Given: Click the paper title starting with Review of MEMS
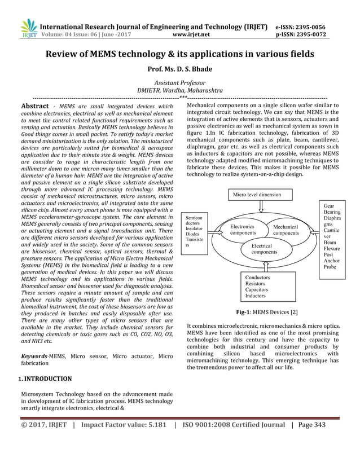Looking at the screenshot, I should (180, 55).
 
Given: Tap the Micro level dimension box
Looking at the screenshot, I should (262, 195).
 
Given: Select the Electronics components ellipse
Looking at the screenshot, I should (243, 230).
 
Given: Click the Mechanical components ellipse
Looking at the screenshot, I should (286, 230).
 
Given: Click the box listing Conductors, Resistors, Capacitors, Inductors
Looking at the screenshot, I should (262, 287).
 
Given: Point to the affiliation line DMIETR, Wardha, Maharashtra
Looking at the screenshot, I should (180, 90).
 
